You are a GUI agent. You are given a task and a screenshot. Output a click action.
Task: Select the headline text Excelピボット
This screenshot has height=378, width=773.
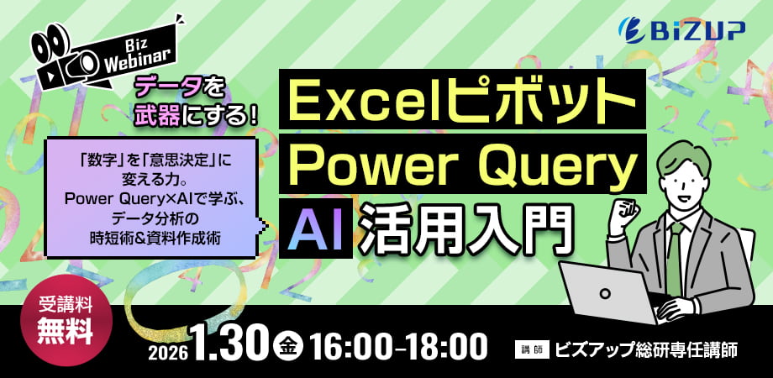click(461, 104)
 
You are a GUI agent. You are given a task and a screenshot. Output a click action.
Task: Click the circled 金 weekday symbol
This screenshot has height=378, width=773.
click(288, 345)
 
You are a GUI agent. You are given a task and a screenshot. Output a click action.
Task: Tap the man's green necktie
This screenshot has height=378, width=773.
click(674, 255)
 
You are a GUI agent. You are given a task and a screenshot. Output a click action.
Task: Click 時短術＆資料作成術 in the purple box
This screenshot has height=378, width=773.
click(155, 238)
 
